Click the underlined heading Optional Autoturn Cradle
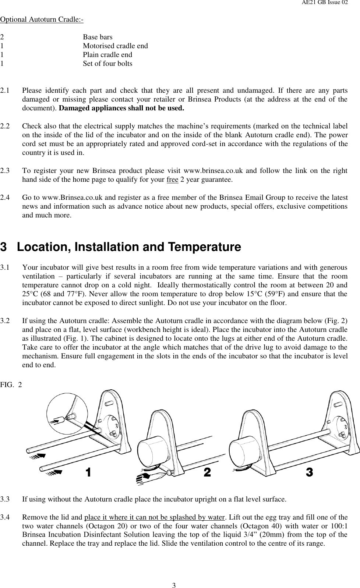[x=42, y=19]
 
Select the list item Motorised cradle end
[x=115, y=46]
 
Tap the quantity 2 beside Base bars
[x=2, y=37]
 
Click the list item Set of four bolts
[x=107, y=64]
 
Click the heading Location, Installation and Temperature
[x=129, y=247]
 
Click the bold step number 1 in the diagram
[x=88, y=472]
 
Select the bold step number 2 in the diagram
[x=207, y=472]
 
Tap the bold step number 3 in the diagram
[x=309, y=472]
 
